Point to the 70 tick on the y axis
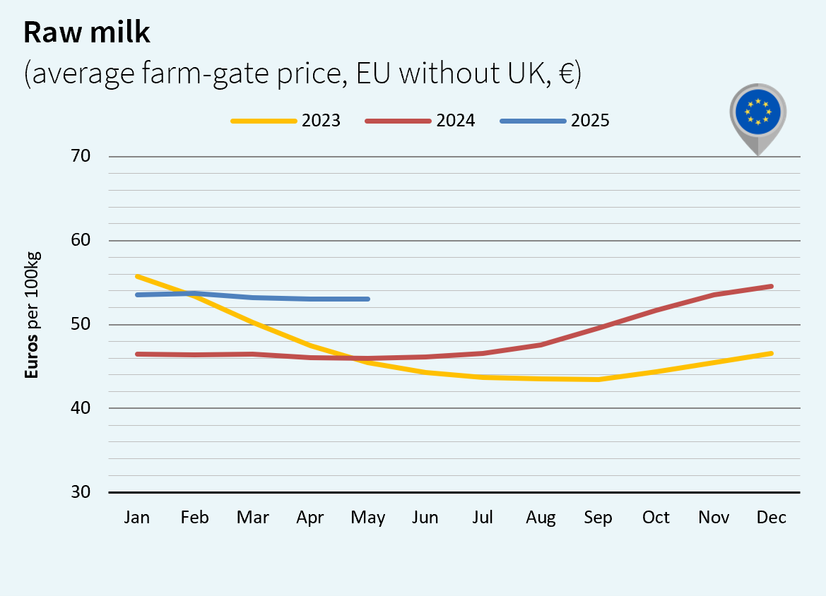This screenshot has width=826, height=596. (81, 156)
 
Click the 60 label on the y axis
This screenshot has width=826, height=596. (81, 240)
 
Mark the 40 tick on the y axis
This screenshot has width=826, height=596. (81, 408)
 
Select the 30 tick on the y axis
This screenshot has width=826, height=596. (81, 492)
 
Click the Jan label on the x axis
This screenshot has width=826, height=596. (136, 518)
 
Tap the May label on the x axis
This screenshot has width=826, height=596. (367, 518)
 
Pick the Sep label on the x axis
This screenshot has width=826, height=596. (598, 518)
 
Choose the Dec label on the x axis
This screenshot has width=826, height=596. (771, 518)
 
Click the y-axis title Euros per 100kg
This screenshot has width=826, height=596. (32, 314)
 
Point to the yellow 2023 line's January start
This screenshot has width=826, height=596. (136, 276)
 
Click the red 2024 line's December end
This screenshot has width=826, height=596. (771, 287)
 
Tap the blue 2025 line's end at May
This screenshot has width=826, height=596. (368, 299)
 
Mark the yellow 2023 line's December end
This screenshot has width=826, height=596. (771, 353)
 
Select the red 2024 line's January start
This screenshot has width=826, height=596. (136, 354)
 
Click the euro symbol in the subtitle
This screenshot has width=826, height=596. (565, 74)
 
